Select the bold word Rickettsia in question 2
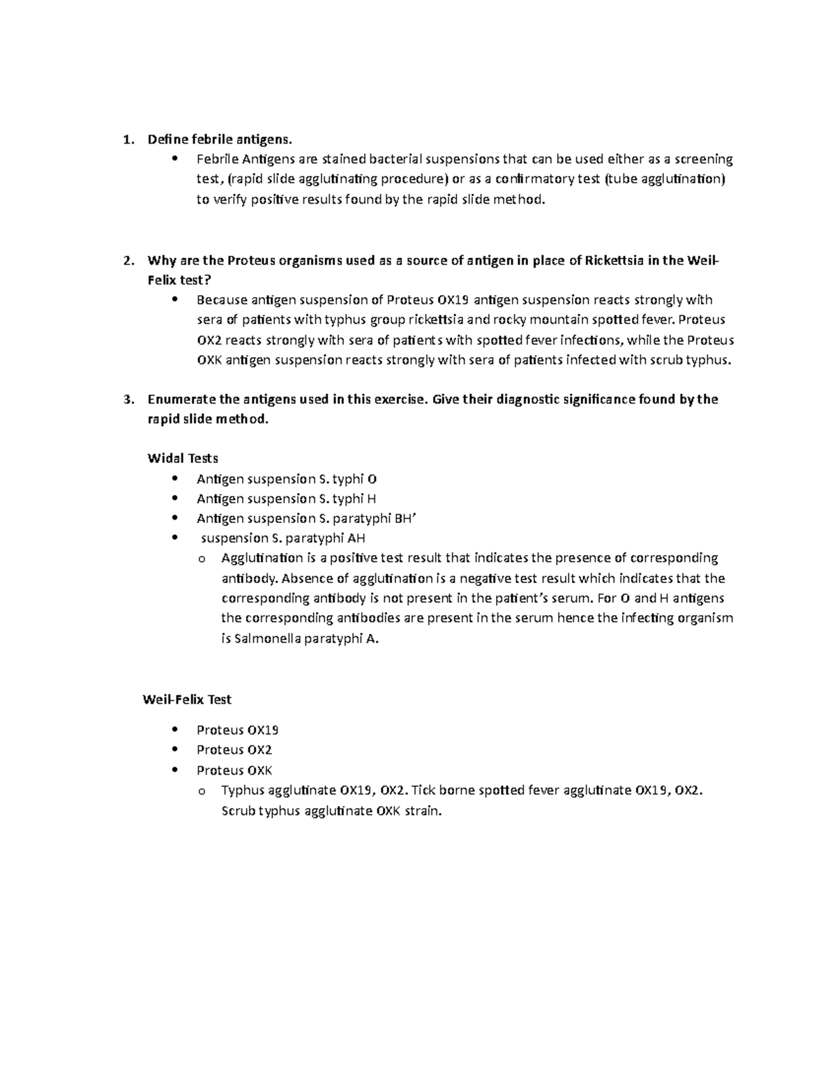[x=615, y=261]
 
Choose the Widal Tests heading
[x=183, y=458]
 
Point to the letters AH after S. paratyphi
[x=356, y=538]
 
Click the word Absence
[x=306, y=578]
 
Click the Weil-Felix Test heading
[x=187, y=699]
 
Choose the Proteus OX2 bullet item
[x=234, y=750]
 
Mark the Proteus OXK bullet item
[x=234, y=770]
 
